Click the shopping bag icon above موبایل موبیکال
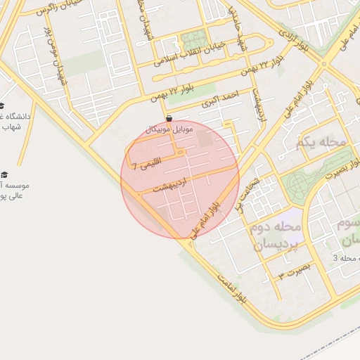point(169,118)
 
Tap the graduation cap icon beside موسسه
point(4,174)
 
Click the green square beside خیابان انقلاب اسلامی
point(193,41)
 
